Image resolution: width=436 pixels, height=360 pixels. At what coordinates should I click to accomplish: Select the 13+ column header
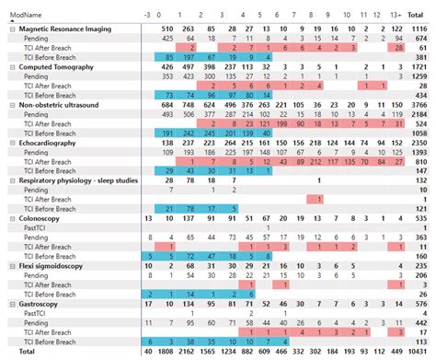pyautogui.click(x=396, y=14)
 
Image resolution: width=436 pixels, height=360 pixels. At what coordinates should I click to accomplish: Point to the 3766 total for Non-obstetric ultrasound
pyautogui.click(x=420, y=105)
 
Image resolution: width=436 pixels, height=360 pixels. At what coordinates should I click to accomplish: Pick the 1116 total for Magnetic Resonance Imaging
pyautogui.click(x=420, y=29)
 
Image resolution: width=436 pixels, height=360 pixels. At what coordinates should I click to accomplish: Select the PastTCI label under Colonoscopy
pyautogui.click(x=33, y=227)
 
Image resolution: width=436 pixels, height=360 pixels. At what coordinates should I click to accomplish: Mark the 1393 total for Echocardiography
pyautogui.click(x=420, y=152)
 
